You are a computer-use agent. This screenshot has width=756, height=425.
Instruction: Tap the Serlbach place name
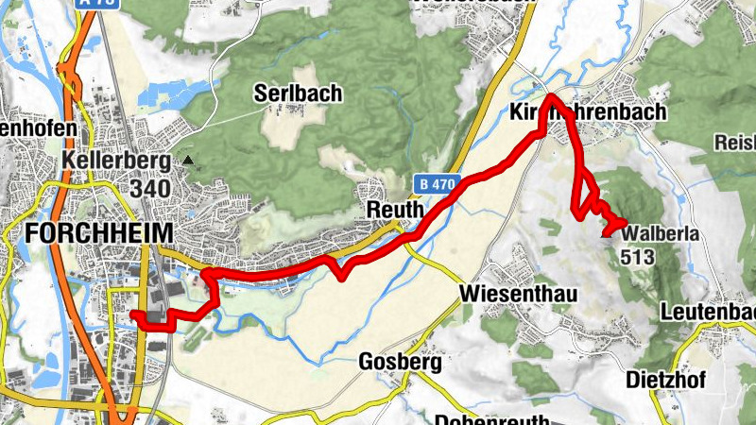point(298,93)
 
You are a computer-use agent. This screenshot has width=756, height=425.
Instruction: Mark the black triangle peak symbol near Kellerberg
point(188,161)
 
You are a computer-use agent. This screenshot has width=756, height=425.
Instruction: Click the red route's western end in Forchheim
point(133,314)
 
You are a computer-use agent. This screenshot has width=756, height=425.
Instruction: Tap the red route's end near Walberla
point(605,233)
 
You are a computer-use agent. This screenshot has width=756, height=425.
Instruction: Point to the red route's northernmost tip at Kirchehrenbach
point(550,97)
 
